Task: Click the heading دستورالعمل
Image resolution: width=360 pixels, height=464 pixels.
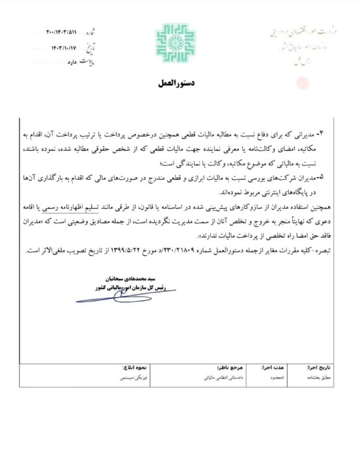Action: coord(178,84)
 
